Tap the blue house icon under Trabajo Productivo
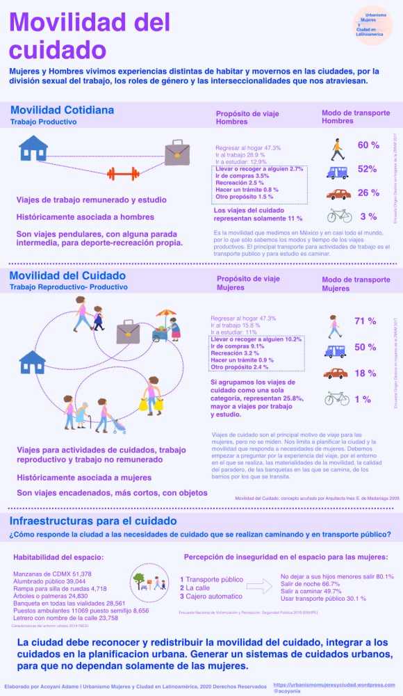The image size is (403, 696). pyautogui.click(x=33, y=147)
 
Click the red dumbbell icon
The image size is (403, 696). pyautogui.click(x=122, y=174)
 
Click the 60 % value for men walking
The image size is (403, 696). pyautogui.click(x=368, y=145)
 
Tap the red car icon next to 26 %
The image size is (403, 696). pyautogui.click(x=338, y=194)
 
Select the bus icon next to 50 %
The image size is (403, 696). pyautogui.click(x=336, y=350)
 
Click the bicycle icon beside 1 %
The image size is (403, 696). pyautogui.click(x=336, y=398)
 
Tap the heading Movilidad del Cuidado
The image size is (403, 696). pyautogui.click(x=67, y=276)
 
